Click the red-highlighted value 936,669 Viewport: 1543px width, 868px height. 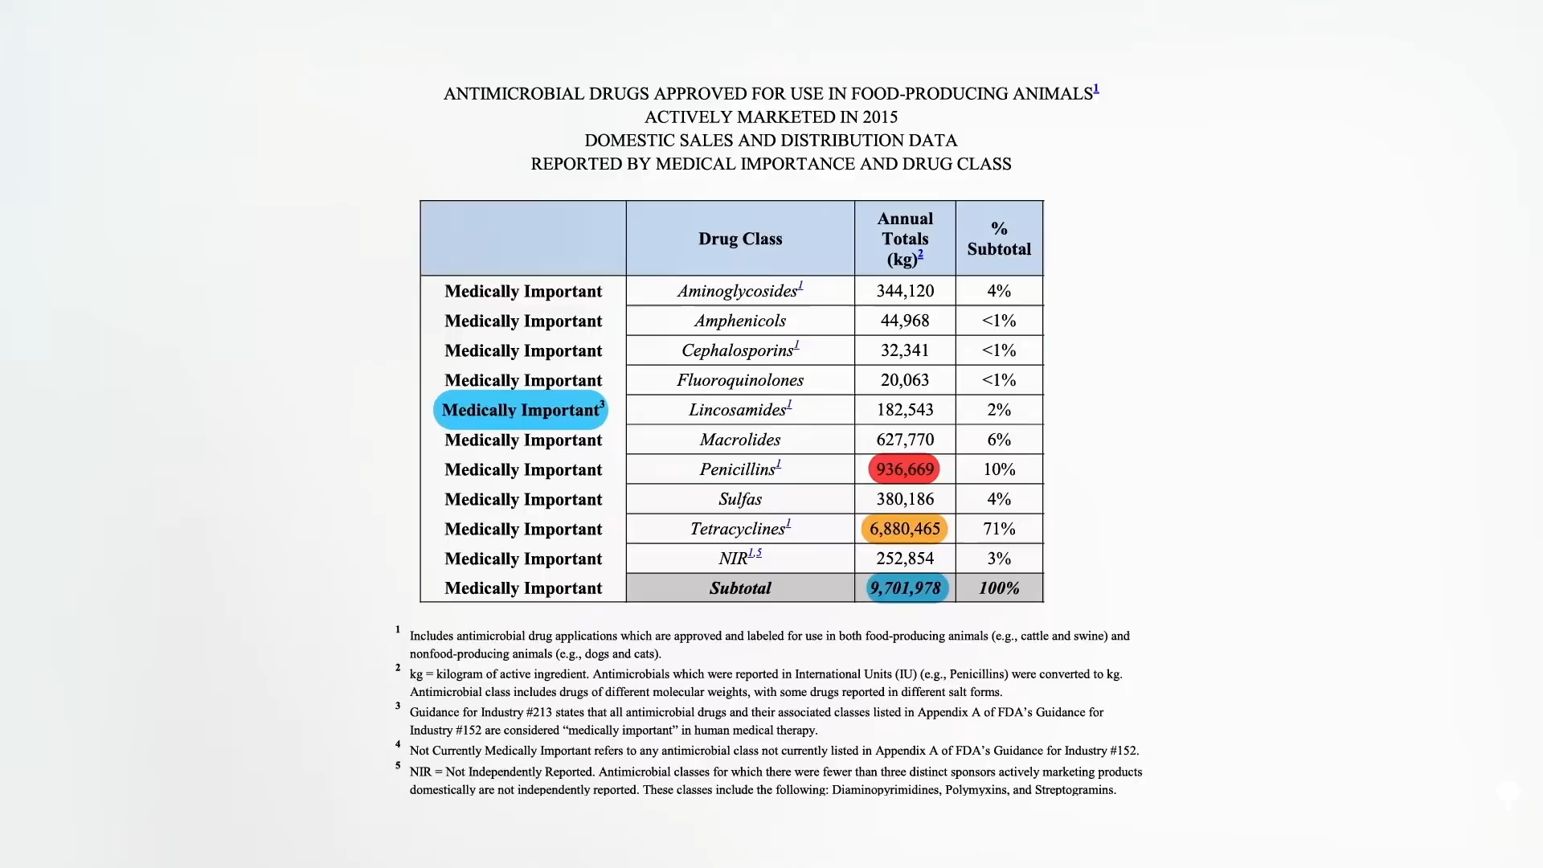click(904, 469)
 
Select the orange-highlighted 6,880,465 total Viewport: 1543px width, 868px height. click(904, 529)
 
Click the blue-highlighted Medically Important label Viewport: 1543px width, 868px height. click(521, 410)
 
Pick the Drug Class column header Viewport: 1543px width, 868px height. click(739, 239)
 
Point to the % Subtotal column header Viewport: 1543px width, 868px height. click(999, 239)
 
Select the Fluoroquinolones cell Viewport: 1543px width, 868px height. click(739, 380)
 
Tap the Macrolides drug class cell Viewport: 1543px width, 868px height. click(739, 440)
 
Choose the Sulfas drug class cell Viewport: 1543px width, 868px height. click(739, 499)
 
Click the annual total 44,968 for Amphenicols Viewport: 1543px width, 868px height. click(904, 321)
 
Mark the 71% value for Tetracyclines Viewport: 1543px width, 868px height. click(999, 529)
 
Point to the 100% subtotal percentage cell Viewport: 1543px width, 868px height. click(999, 588)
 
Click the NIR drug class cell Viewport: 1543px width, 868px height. click(734, 559)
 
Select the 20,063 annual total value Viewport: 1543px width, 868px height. click(904, 380)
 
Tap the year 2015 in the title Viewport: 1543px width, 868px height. click(880, 117)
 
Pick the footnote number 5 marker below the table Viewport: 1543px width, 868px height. click(397, 766)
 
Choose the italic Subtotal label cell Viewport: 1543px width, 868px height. click(739, 588)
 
